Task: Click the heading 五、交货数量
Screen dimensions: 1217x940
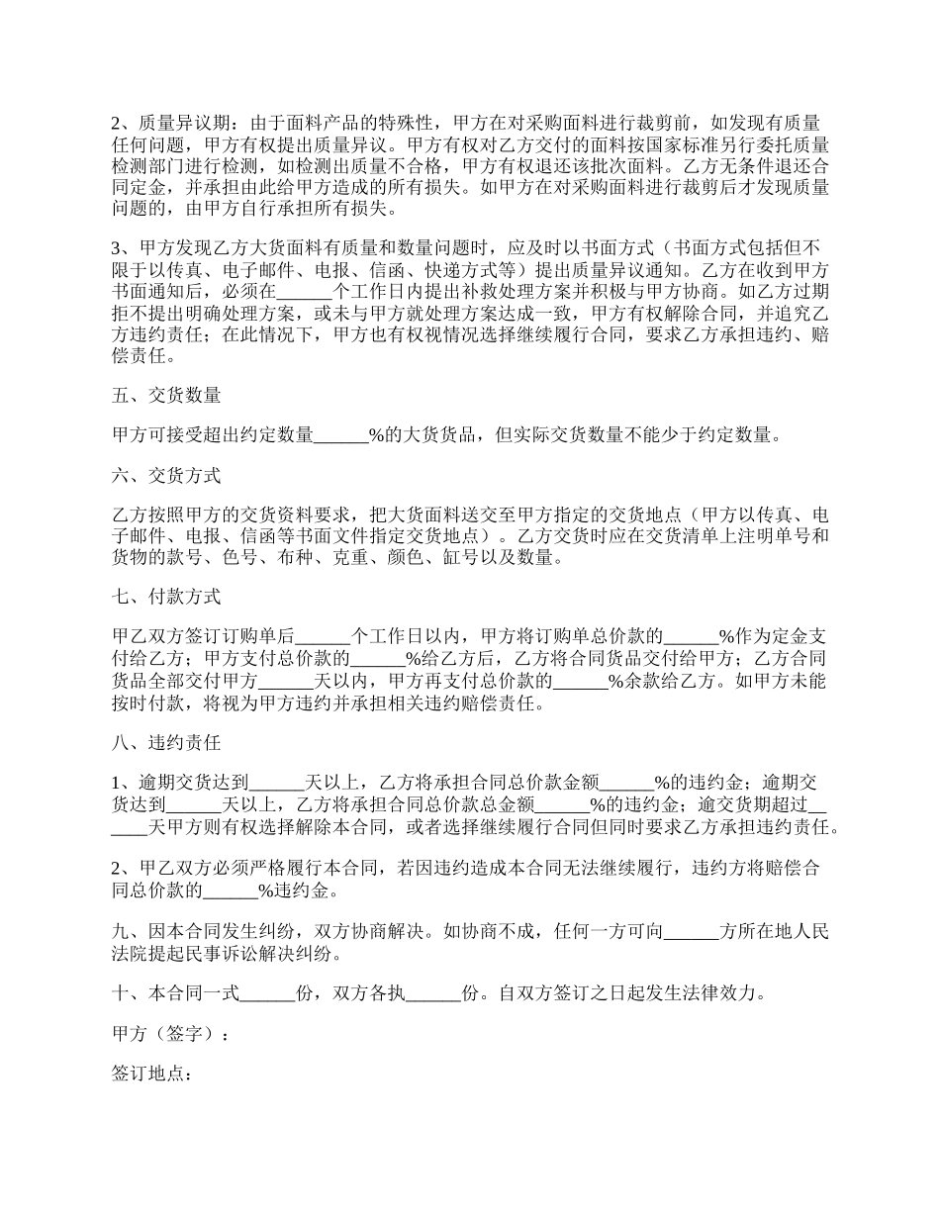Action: pos(167,396)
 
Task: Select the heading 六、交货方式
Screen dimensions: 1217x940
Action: pos(167,476)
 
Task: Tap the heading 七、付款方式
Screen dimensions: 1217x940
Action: pos(167,597)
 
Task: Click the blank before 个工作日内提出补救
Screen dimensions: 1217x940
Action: pos(308,293)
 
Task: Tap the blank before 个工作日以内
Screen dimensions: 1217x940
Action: pos(323,637)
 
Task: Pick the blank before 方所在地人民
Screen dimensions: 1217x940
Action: pos(691,932)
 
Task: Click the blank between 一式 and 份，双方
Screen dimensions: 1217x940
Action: pos(268,994)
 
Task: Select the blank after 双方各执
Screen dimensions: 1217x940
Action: pos(434,994)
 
